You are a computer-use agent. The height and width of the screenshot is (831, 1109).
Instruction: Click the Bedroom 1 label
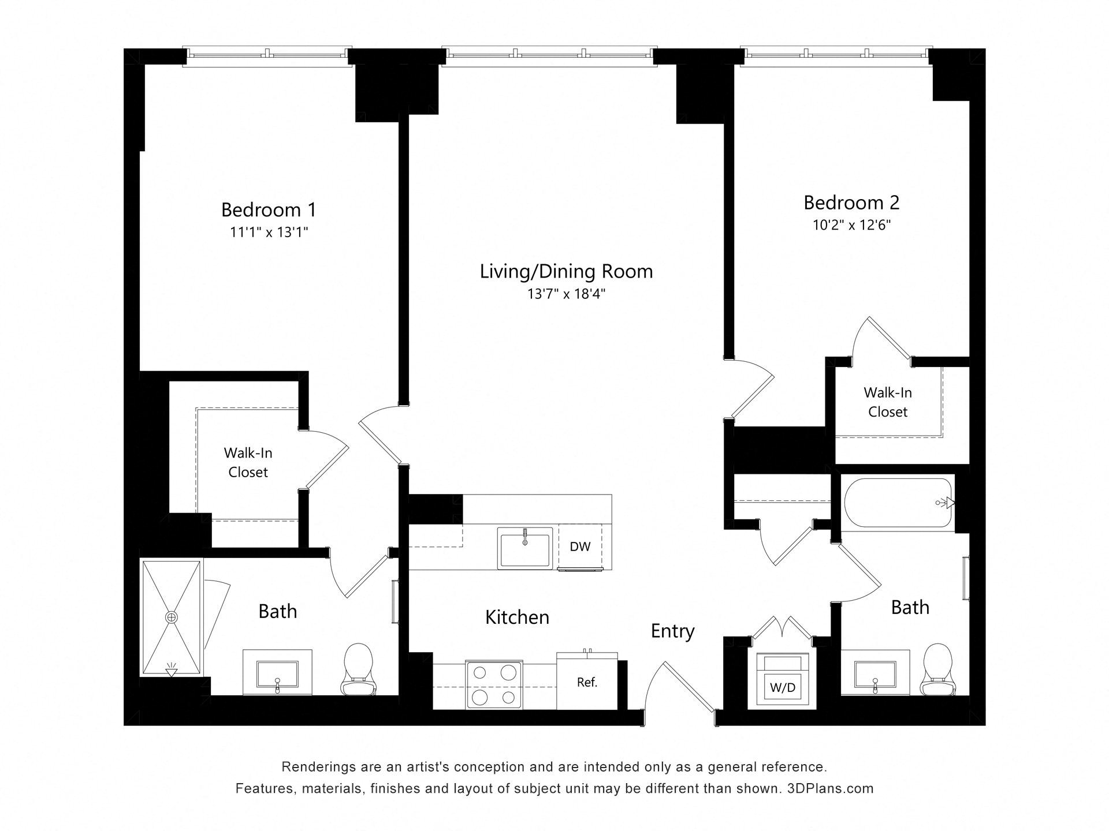coord(269,209)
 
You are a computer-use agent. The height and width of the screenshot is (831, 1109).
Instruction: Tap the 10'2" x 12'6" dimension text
coord(851,225)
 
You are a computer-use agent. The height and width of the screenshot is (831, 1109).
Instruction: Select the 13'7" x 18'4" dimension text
coord(566,294)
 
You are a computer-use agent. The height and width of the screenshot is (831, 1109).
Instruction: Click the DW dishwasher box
coord(580,546)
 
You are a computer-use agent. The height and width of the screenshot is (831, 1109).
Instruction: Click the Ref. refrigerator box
coord(587,682)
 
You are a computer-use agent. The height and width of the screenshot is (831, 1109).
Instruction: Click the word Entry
coord(672,631)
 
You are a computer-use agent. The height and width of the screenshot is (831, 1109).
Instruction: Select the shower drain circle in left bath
coord(172,617)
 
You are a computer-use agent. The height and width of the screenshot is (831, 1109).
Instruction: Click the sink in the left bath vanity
coord(277,674)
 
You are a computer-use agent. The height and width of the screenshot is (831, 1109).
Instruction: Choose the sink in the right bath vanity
coord(875,674)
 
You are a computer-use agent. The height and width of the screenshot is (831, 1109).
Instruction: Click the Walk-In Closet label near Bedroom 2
coord(888,402)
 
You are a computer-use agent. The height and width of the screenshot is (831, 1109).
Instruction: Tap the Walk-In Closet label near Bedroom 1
coord(248,462)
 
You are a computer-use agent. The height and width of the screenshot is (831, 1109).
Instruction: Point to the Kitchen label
coord(517,617)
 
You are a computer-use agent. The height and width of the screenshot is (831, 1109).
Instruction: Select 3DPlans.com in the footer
coord(830,788)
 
